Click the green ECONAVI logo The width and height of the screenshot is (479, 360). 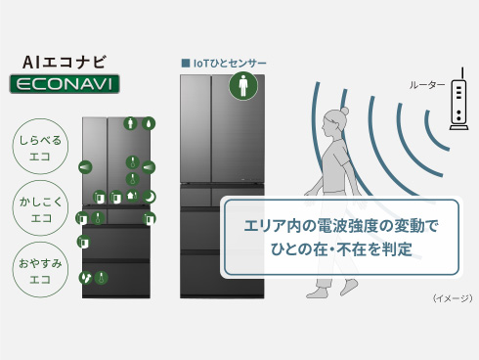65,84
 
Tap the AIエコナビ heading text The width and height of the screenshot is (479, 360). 65,63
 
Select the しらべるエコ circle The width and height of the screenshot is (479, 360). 40,147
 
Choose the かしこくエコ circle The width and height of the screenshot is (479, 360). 40,208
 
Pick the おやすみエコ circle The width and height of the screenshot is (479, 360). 40,270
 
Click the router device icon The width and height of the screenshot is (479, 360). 458,100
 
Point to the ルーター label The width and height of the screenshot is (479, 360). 427,85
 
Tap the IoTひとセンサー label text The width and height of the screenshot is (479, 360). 230,63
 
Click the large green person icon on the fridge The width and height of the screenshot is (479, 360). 243,86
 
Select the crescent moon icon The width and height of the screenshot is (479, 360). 149,197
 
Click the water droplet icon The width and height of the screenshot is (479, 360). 149,123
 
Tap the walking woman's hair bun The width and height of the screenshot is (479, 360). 344,112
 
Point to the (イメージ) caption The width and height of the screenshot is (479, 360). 453,298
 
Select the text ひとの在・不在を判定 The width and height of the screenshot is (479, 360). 341,249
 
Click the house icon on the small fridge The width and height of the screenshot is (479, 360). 132,196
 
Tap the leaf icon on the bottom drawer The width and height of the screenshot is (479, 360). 86,278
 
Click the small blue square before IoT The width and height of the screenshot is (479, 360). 186,63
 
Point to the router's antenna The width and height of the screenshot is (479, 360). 462,74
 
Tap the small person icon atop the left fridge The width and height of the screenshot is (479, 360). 130,123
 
